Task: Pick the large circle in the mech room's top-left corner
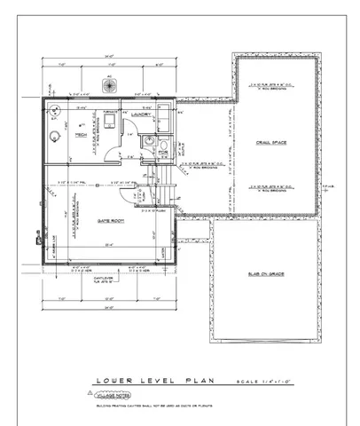coord(55,110)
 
